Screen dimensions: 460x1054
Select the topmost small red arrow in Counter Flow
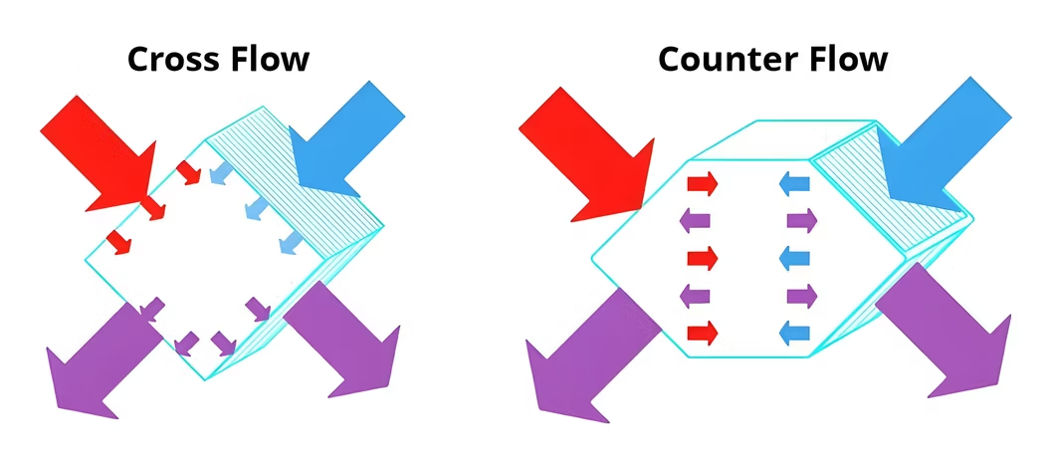pyautogui.click(x=702, y=183)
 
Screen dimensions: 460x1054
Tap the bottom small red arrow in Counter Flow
pyautogui.click(x=702, y=331)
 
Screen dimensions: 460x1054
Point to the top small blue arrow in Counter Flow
pyautogui.click(x=793, y=183)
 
